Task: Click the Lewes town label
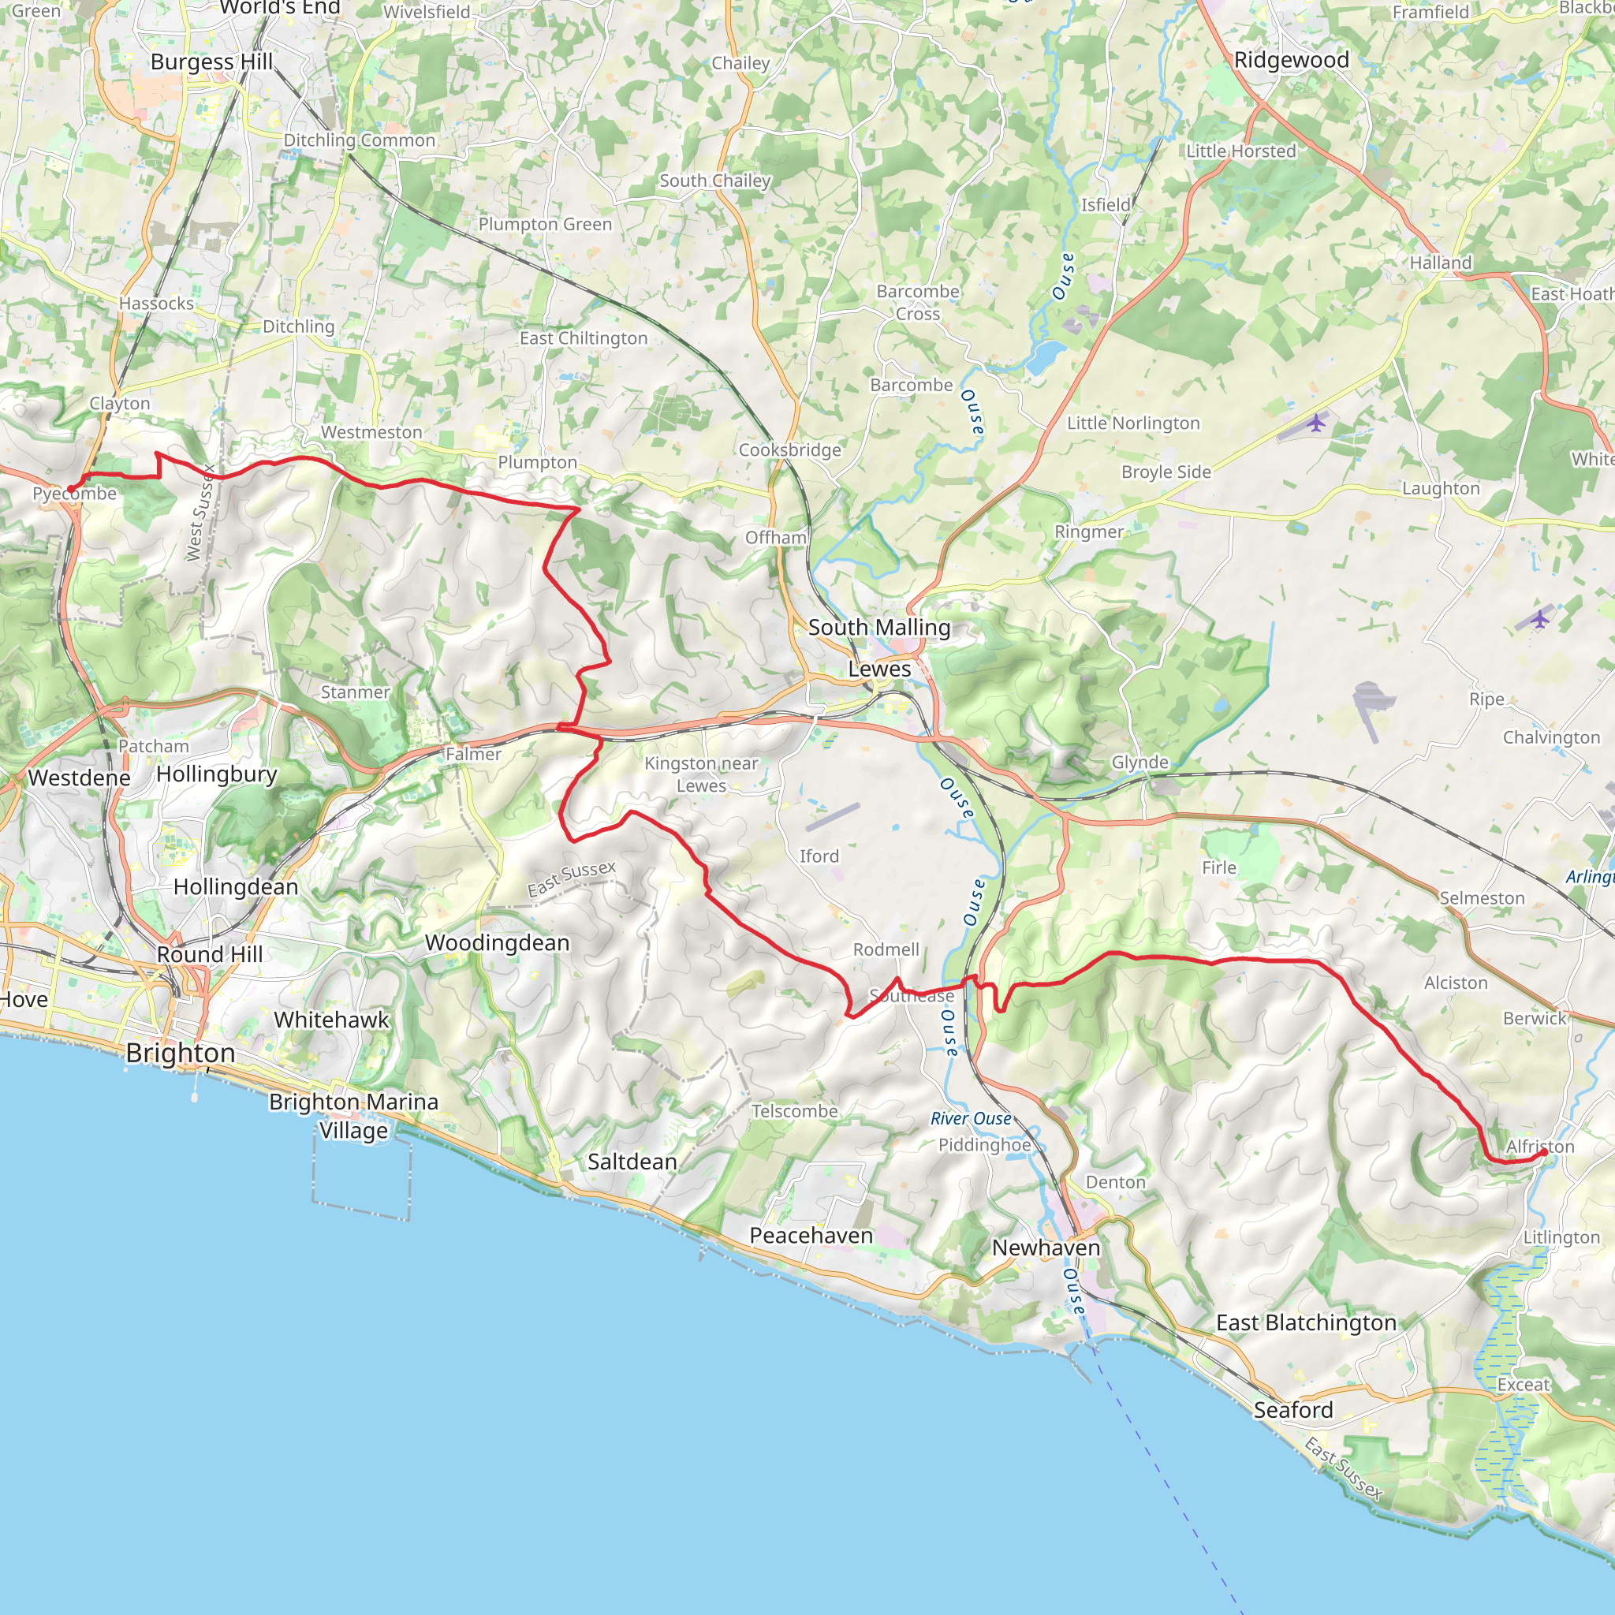point(878,669)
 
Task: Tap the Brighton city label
point(180,1053)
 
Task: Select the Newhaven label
point(1045,1248)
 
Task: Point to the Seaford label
point(1292,1410)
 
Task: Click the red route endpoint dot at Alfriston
point(1543,1154)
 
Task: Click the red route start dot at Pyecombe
point(71,489)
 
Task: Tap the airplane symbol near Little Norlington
point(1316,423)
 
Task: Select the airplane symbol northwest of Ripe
point(1540,619)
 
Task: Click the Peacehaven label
point(810,1236)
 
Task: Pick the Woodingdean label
point(497,943)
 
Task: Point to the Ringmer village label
point(1088,531)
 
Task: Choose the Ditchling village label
point(298,326)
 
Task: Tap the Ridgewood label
point(1291,60)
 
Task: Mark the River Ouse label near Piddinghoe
point(971,1118)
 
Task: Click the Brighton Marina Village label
point(352,1116)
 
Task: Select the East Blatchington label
point(1306,1322)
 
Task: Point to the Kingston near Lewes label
point(700,774)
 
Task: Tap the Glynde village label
point(1139,762)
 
